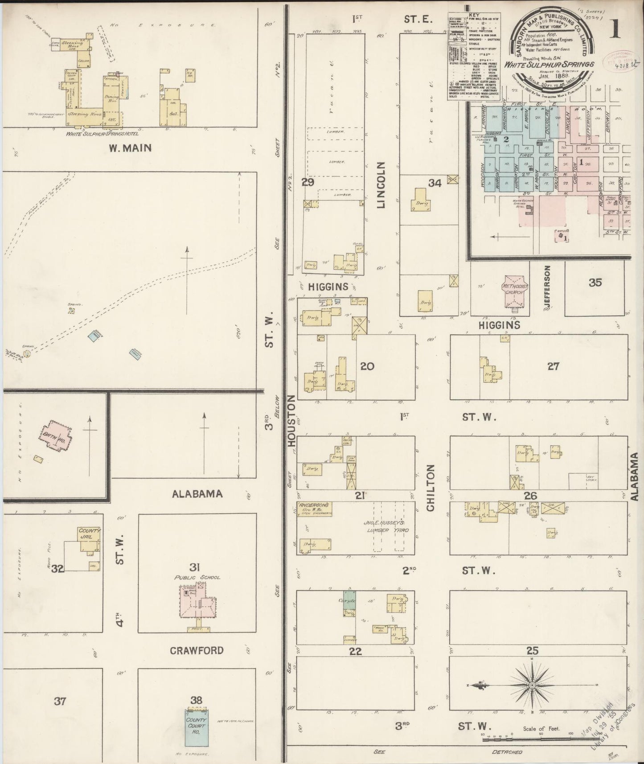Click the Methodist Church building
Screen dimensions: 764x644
click(513, 294)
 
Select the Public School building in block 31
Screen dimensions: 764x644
click(196, 601)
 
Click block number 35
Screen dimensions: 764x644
click(595, 283)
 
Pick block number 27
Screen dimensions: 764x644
click(553, 366)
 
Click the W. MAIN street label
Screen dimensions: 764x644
click(130, 148)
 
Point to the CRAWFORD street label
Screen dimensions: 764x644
click(197, 650)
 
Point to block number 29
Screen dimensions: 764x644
click(308, 182)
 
